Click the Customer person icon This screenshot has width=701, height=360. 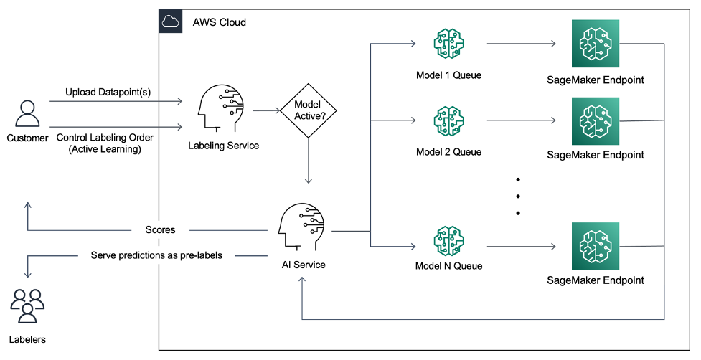27,114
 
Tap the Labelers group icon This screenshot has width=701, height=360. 27,305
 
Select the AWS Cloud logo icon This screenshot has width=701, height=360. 170,22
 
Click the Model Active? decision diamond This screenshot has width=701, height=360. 309,111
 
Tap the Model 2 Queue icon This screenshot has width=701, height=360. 448,122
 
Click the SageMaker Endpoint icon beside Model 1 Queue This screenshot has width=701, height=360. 595,44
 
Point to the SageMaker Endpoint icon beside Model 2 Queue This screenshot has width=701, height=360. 595,122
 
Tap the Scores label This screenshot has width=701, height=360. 160,230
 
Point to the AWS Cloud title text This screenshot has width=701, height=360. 219,22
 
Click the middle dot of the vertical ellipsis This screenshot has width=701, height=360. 517,195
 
